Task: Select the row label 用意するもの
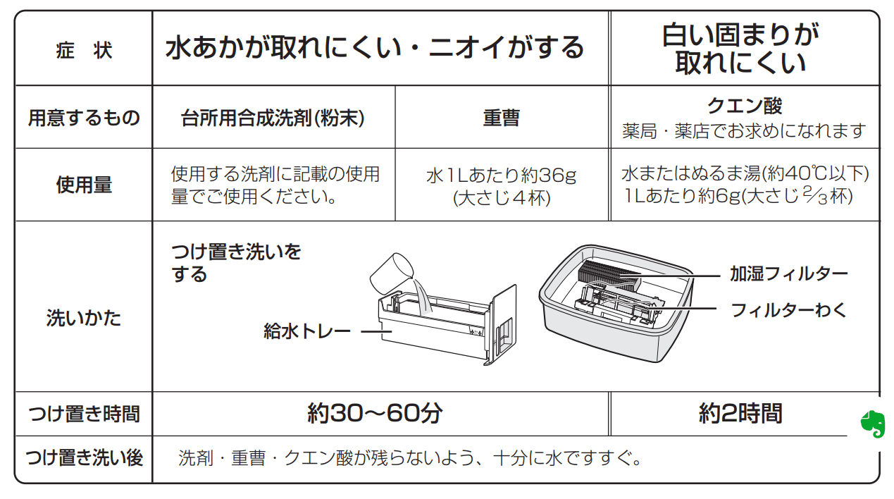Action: tap(83, 118)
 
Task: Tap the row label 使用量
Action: tap(83, 185)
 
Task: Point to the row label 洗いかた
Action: tap(83, 318)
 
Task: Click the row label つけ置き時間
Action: tap(83, 414)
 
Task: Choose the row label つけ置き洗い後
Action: tap(83, 458)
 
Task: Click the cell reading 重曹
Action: tap(501, 118)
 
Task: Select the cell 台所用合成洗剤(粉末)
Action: tap(273, 118)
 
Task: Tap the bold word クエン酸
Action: tap(744, 106)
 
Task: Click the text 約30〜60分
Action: tap(375, 413)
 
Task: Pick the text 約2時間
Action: tap(740, 413)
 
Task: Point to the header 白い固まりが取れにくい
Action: tap(740, 49)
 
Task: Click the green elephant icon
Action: tap(872, 424)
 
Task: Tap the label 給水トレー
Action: tap(306, 331)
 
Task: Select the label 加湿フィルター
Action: tap(788, 273)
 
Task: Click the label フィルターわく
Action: tap(788, 309)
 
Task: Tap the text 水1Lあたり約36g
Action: tap(501, 175)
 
